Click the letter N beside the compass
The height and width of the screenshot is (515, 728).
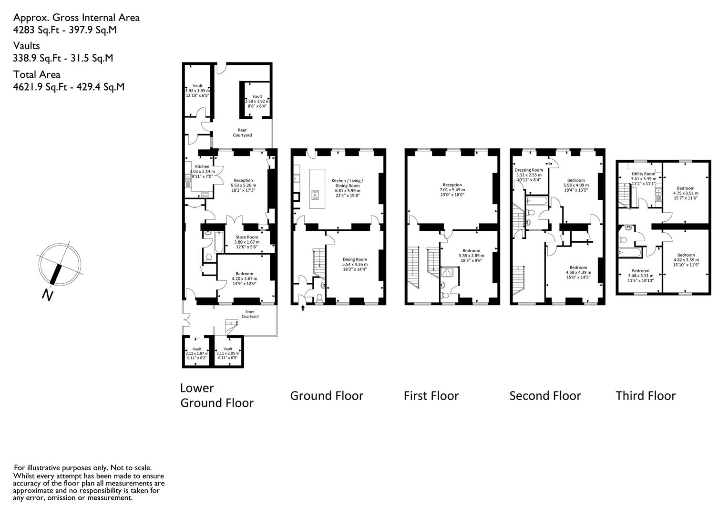pos(48,295)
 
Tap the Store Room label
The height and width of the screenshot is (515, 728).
pos(246,237)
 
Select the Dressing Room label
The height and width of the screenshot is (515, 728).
pos(529,170)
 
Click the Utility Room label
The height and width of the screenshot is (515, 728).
pos(644,174)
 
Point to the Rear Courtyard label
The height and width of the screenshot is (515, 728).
pos(242,133)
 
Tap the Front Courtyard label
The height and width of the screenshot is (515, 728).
pos(250,314)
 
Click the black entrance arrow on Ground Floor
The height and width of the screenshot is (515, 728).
pos(303,308)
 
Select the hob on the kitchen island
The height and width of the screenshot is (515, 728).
pos(315,195)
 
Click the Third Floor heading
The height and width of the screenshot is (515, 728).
pos(646,396)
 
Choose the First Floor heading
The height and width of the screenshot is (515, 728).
pos(431,396)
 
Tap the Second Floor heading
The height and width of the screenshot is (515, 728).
pos(545,396)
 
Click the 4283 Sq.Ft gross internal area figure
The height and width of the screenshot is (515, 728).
pos(36,30)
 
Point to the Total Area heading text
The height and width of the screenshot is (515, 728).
pos(37,74)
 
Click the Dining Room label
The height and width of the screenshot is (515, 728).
pos(355,259)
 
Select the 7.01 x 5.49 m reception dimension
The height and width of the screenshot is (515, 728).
pos(452,190)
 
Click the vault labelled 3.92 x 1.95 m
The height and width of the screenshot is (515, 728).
pos(197,91)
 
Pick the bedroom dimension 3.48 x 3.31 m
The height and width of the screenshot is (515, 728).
pos(641,276)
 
